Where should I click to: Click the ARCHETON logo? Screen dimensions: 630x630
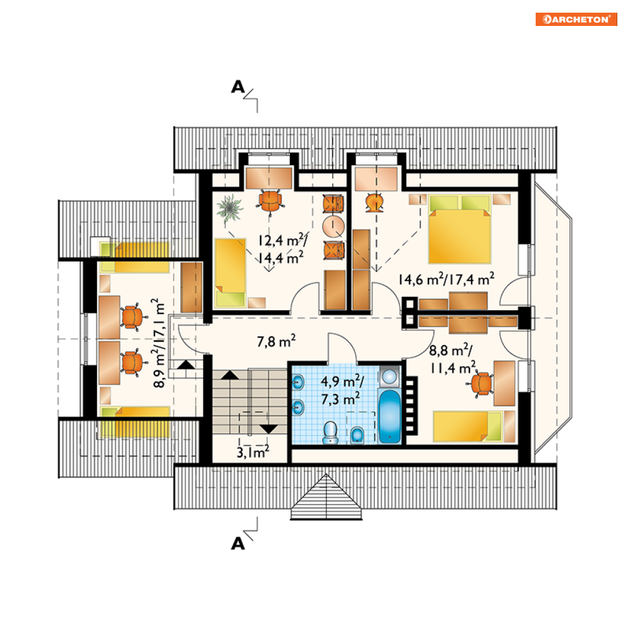pyautogui.click(x=576, y=19)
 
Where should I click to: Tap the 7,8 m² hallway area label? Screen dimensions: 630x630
pyautogui.click(x=277, y=343)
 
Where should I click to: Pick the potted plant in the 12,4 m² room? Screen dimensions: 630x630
pyautogui.click(x=230, y=208)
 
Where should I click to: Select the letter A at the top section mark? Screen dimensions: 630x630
pyautogui.click(x=237, y=87)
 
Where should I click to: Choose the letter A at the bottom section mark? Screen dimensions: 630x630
pyautogui.click(x=237, y=543)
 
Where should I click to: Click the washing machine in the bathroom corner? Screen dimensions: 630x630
pyautogui.click(x=389, y=378)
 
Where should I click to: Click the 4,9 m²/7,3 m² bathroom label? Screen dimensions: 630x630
pyautogui.click(x=341, y=390)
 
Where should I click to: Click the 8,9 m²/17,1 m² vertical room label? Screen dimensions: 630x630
pyautogui.click(x=159, y=343)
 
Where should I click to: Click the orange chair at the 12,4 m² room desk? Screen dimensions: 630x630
pyautogui.click(x=270, y=201)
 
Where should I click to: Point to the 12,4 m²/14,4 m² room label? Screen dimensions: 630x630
pyautogui.click(x=282, y=249)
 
